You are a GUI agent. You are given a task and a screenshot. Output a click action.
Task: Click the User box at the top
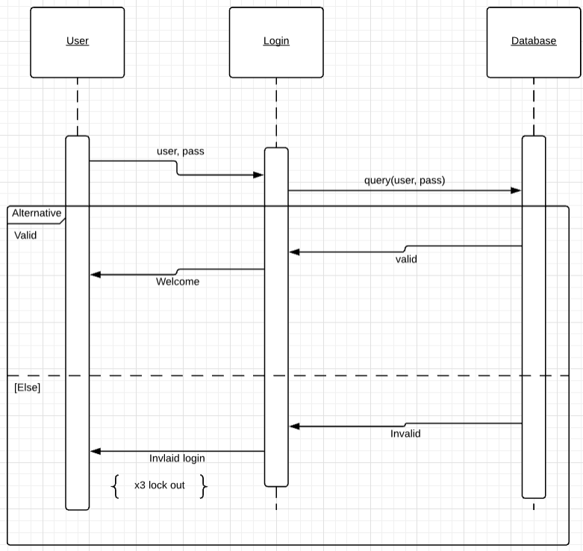click(x=77, y=42)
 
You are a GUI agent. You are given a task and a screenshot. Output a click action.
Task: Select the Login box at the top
click(x=276, y=42)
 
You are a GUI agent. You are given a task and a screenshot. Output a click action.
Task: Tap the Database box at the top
click(x=534, y=42)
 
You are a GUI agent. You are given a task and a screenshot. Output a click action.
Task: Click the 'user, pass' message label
click(x=180, y=151)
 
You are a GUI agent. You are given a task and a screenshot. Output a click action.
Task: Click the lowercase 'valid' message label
click(x=406, y=260)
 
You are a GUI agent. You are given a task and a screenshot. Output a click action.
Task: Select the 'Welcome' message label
click(x=178, y=282)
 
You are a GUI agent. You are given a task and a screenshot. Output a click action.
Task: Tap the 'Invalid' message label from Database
click(x=405, y=434)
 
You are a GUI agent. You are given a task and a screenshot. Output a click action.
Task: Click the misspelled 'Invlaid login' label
click(x=177, y=458)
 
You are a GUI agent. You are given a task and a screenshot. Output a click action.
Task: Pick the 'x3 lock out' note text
click(x=160, y=485)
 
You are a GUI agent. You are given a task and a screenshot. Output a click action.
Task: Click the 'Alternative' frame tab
click(x=37, y=214)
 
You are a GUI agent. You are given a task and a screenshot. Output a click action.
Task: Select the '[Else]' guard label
click(x=28, y=387)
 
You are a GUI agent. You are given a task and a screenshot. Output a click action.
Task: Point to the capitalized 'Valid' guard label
click(x=25, y=235)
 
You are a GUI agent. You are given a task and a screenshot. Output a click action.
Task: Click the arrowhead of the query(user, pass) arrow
click(x=516, y=190)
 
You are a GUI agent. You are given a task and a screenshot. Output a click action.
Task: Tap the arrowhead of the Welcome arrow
click(x=95, y=275)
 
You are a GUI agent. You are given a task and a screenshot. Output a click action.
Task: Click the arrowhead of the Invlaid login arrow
click(x=95, y=451)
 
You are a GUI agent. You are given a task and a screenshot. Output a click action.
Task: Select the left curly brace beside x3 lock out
click(x=115, y=486)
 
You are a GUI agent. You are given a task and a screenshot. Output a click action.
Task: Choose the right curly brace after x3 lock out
click(x=203, y=486)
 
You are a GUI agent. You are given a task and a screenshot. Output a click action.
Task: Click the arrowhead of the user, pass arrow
click(x=259, y=175)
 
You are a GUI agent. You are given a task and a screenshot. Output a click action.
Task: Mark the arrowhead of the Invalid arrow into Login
click(x=294, y=426)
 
